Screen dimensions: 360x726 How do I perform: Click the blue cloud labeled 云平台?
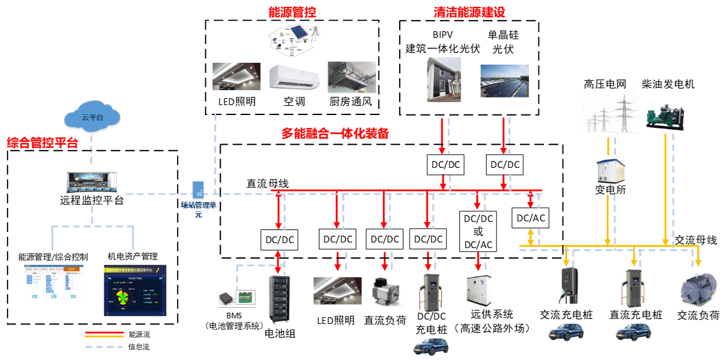click(x=93, y=119)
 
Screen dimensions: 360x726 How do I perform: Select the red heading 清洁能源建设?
click(x=469, y=12)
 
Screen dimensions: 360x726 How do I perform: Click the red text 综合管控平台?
click(x=43, y=143)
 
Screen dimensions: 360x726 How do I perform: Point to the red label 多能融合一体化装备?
click(x=335, y=134)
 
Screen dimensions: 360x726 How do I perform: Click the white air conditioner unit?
click(x=295, y=77)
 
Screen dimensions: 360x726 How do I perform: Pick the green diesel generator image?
click(x=665, y=117)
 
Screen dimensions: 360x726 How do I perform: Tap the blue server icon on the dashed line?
click(x=199, y=191)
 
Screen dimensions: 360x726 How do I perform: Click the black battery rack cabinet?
click(x=279, y=298)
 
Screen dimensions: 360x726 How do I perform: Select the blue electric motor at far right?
click(x=701, y=289)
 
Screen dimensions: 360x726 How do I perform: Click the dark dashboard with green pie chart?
click(x=134, y=290)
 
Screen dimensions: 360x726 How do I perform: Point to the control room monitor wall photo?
click(x=92, y=183)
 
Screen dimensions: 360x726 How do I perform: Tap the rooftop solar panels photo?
click(x=505, y=81)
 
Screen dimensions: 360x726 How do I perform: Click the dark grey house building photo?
click(x=444, y=80)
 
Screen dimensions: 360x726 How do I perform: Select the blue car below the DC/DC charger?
click(x=431, y=345)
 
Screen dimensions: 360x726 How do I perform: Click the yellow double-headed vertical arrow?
click(x=530, y=237)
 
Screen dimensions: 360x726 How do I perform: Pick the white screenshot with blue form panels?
click(x=54, y=284)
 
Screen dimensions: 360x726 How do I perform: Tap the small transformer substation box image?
click(x=610, y=172)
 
